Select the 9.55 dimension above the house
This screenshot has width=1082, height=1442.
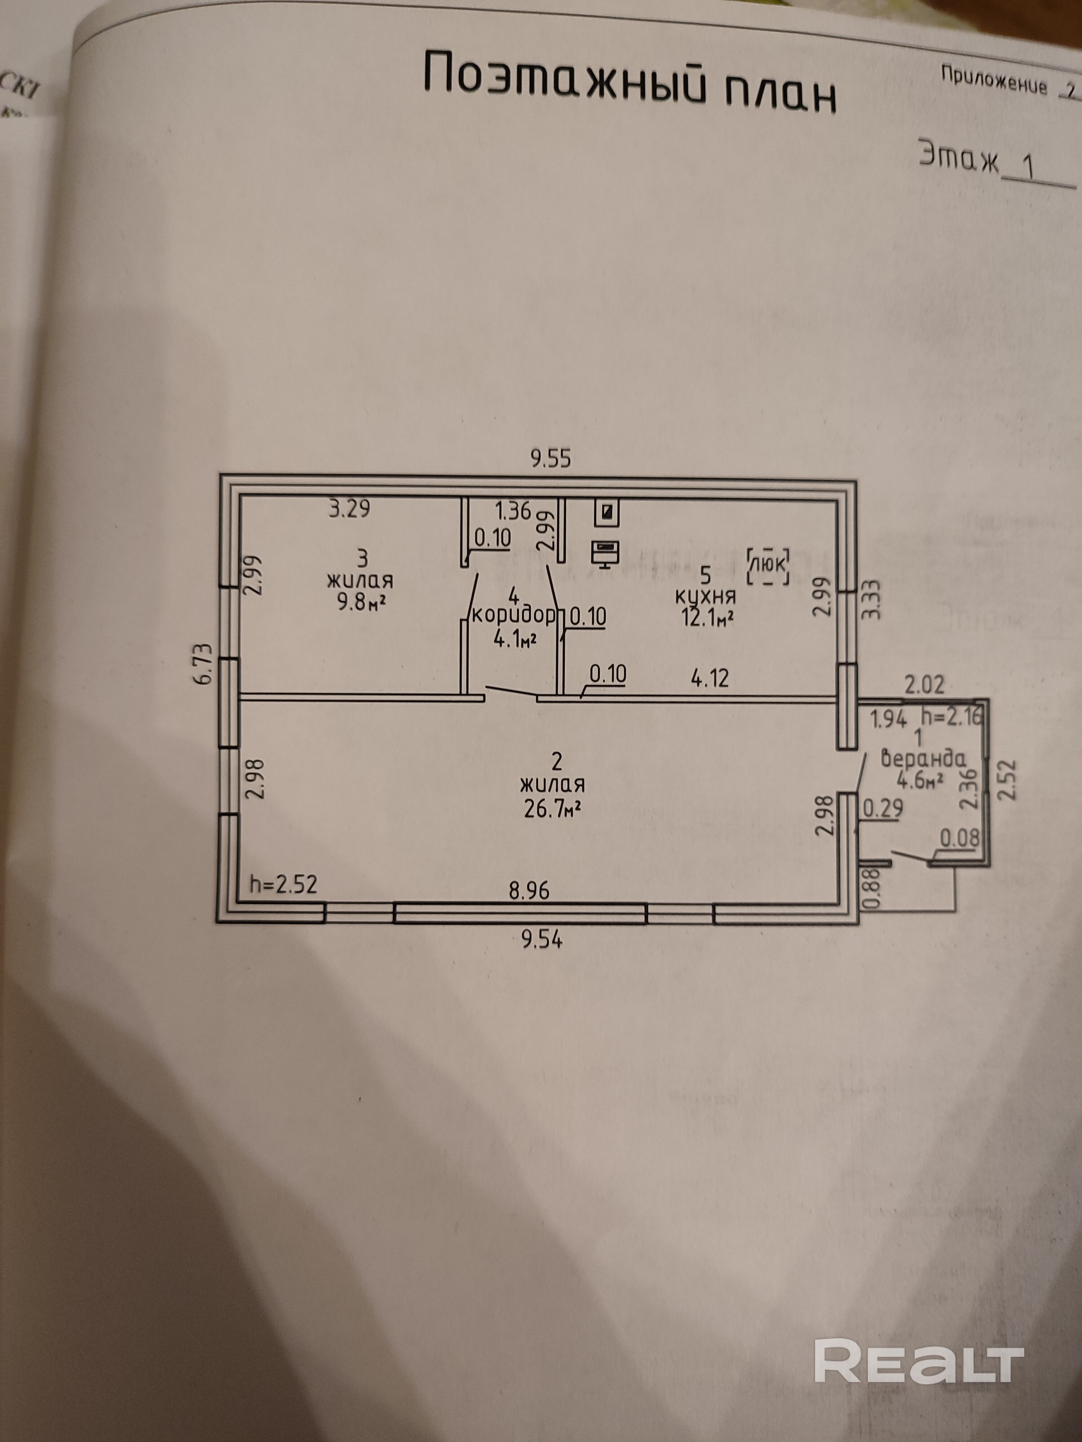point(550,459)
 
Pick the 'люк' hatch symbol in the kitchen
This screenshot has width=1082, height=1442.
point(770,564)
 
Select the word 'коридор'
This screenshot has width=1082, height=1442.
point(514,615)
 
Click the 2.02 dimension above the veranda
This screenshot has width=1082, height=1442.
point(924,685)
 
